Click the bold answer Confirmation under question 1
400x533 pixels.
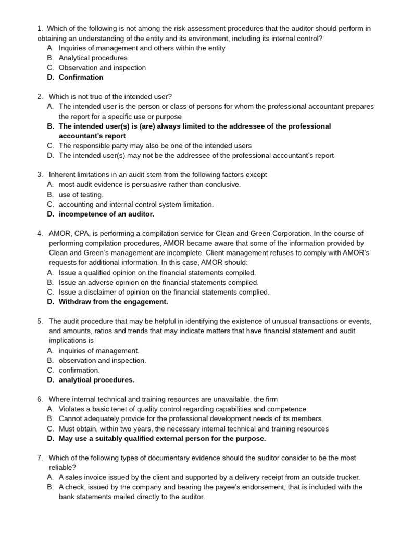click(81, 77)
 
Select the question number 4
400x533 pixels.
click(40, 233)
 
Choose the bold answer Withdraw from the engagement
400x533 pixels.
click(113, 301)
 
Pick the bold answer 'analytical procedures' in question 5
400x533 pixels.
click(96, 379)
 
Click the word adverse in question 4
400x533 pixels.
click(98, 282)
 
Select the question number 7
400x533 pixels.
click(40, 458)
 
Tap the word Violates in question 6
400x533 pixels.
click(72, 409)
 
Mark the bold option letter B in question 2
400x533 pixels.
click(50, 126)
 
